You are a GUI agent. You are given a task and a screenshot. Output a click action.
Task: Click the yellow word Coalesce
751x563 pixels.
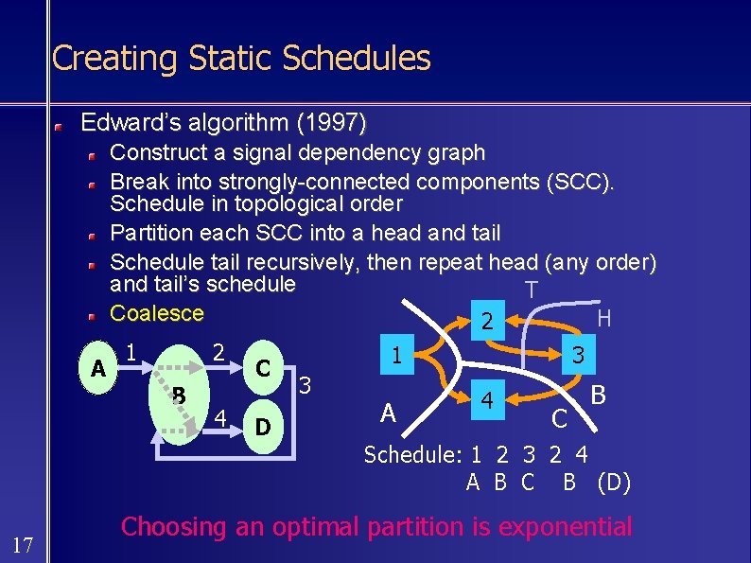[x=157, y=313]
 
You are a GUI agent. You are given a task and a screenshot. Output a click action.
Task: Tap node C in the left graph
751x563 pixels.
[x=264, y=366]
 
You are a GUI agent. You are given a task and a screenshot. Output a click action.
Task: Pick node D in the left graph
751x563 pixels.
[x=263, y=427]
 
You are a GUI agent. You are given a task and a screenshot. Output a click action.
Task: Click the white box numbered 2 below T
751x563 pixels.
[x=486, y=322]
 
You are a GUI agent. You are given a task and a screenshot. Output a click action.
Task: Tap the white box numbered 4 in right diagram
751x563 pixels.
[x=487, y=400]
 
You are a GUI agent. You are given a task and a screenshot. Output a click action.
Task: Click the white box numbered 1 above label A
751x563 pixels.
[x=398, y=355]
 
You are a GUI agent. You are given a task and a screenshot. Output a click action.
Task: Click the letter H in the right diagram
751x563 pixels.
[x=603, y=319]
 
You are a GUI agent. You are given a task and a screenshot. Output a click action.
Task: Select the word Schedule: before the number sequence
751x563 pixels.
[x=412, y=454]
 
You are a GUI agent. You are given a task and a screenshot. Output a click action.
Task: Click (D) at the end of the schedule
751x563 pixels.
[x=614, y=483]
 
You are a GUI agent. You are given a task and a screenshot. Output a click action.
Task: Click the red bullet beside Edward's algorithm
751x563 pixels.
[x=59, y=125]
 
